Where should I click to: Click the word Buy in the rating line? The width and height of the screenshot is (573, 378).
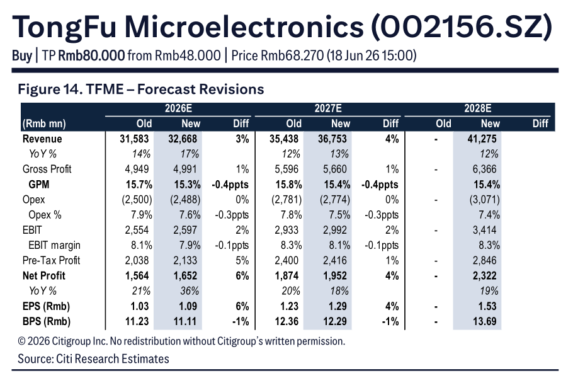(x=22, y=56)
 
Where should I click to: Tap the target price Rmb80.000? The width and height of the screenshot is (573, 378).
(x=91, y=55)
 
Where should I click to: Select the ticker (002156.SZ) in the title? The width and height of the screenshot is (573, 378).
(x=462, y=26)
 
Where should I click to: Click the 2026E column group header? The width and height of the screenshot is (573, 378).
(x=178, y=108)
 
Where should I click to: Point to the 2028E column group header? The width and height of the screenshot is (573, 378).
(x=478, y=108)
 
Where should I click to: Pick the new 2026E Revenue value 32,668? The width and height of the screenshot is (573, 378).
(x=183, y=139)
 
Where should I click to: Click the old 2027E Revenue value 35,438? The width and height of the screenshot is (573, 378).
(x=284, y=139)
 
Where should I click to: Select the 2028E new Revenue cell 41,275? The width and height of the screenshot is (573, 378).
(x=482, y=139)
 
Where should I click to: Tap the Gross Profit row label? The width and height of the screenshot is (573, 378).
(x=47, y=169)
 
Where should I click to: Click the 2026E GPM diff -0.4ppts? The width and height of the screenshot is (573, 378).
(x=230, y=185)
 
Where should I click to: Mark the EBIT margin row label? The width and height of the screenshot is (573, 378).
(x=54, y=245)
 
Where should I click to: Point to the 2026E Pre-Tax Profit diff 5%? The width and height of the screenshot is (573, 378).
(x=242, y=260)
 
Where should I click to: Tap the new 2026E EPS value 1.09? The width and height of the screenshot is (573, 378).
(x=188, y=306)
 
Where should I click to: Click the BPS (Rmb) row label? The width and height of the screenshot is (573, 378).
(x=47, y=321)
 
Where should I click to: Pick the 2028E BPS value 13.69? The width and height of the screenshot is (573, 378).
(x=485, y=321)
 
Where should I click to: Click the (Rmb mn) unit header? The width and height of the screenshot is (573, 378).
(x=44, y=124)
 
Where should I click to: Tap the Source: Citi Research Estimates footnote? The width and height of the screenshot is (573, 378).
(x=94, y=358)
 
